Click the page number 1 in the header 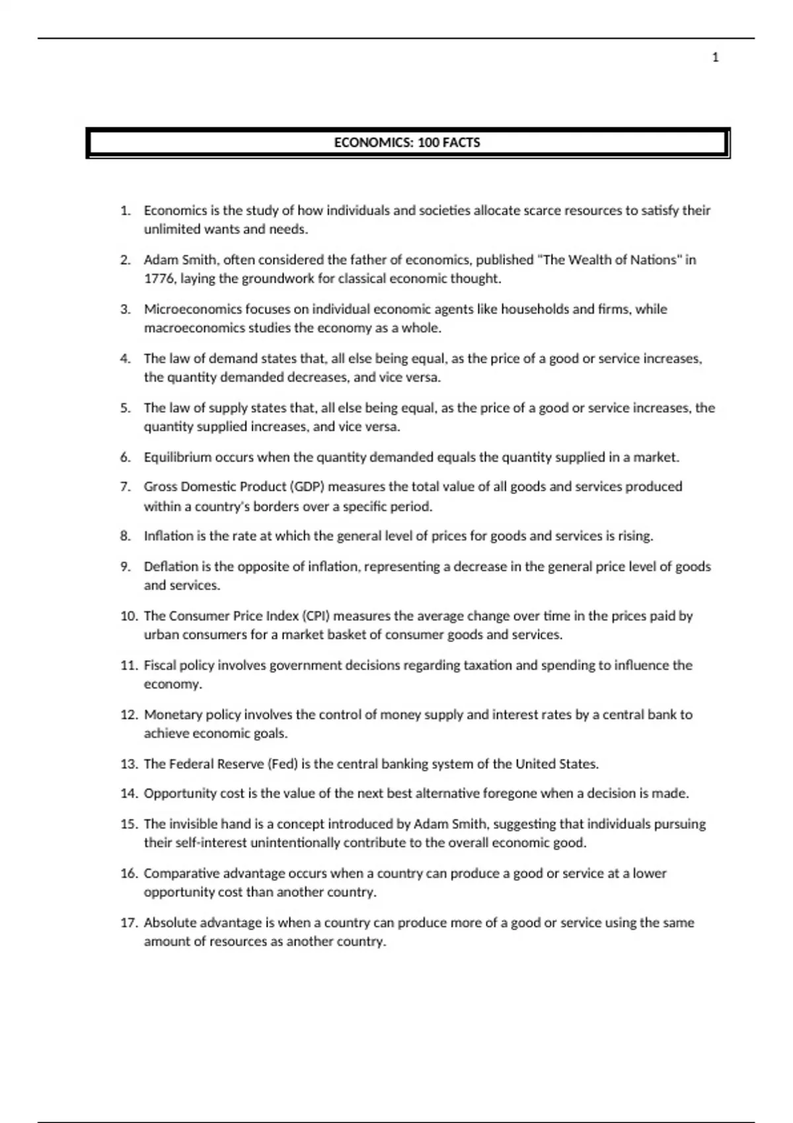click(x=715, y=57)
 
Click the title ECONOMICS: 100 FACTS click(x=407, y=143)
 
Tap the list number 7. click(x=126, y=487)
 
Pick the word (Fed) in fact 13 click(x=282, y=764)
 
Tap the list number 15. click(x=128, y=824)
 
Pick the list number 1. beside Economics click(x=126, y=211)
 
